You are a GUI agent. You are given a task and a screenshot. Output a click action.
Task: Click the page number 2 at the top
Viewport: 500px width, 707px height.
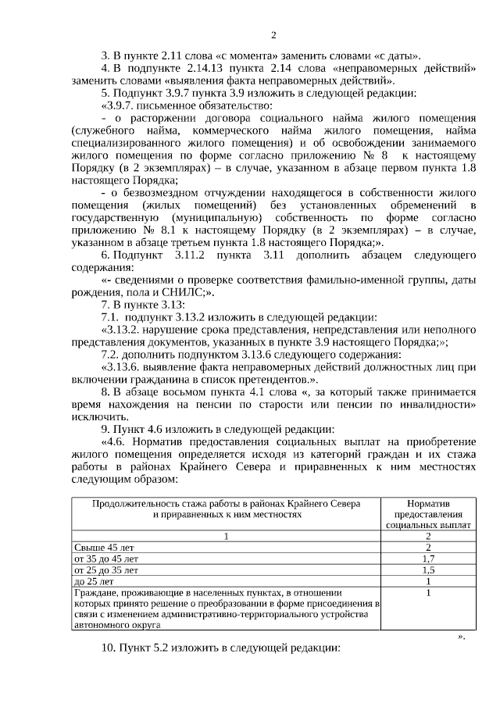[273, 34]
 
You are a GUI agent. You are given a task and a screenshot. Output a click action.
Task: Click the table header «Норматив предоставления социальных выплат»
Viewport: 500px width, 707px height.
[428, 515]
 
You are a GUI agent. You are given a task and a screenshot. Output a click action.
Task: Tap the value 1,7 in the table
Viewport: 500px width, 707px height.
[428, 559]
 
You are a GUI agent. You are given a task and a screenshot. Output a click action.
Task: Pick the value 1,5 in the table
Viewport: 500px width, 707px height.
[428, 570]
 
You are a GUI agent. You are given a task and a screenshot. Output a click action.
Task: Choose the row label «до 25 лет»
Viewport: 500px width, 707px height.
[93, 581]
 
